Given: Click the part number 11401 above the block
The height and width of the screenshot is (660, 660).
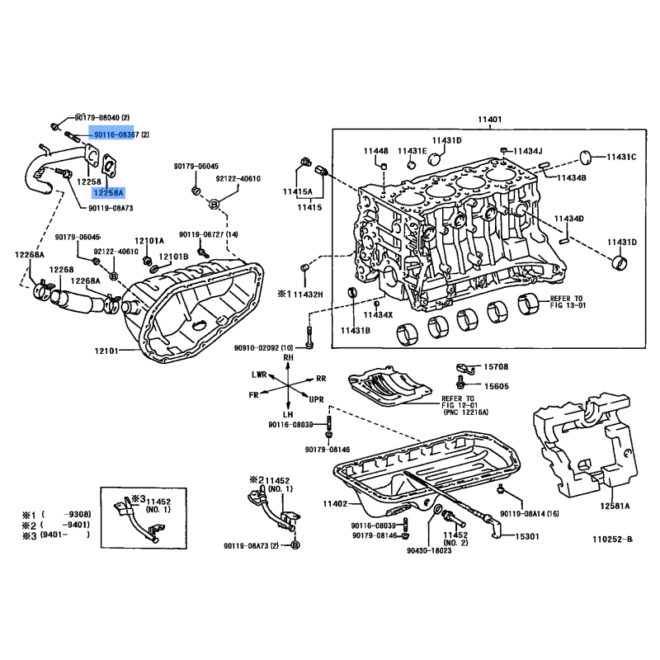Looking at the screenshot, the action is pos(489,120).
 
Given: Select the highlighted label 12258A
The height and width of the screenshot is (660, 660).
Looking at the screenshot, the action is pos(109,193).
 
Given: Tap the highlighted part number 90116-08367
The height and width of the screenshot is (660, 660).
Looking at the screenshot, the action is pos(111,134).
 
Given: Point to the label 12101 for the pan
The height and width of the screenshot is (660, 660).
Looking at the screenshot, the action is pos(106,351).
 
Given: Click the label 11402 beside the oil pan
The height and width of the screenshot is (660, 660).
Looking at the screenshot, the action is pos(335,503).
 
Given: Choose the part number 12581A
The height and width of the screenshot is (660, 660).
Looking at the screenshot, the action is pos(615,506).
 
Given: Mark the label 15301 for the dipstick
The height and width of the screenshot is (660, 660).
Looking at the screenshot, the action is pos(527,536).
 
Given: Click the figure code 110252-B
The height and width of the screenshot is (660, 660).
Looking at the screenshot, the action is pos(612,540).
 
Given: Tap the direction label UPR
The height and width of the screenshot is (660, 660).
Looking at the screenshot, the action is pos(317,399).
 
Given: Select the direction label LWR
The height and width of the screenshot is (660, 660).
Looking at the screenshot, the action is pos(259,375).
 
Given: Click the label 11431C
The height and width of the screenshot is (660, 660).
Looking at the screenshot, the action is pos(621,157).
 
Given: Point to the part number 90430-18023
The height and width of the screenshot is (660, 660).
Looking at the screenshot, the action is pos(429,550).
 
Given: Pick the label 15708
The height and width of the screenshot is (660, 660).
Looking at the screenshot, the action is pos(496,367).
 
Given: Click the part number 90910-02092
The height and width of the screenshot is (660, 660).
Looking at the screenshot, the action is pos(257,348).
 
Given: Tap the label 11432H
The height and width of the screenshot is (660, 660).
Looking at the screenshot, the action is pos(308,295).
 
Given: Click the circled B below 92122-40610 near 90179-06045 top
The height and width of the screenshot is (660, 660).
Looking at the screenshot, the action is pos(214,204).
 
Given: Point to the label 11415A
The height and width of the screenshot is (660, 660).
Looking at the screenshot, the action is pos(298,192).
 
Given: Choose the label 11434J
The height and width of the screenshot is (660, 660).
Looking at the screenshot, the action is pos(528,151).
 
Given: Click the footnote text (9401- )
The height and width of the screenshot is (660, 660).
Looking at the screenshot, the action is pos(65,535).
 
